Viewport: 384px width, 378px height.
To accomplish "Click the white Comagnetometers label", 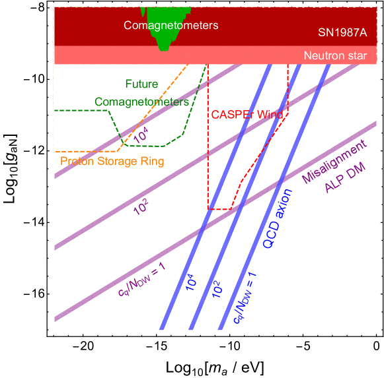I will coord(171,26).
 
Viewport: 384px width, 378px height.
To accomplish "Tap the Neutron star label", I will coord(334,56).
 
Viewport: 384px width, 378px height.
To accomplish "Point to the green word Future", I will coord(141,84).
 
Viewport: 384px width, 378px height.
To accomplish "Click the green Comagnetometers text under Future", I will coord(141,102).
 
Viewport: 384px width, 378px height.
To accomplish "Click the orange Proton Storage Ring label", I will coord(112,160).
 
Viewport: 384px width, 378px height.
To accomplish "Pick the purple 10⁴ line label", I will coord(140,135).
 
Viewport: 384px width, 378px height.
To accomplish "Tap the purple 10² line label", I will coord(141,208).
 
